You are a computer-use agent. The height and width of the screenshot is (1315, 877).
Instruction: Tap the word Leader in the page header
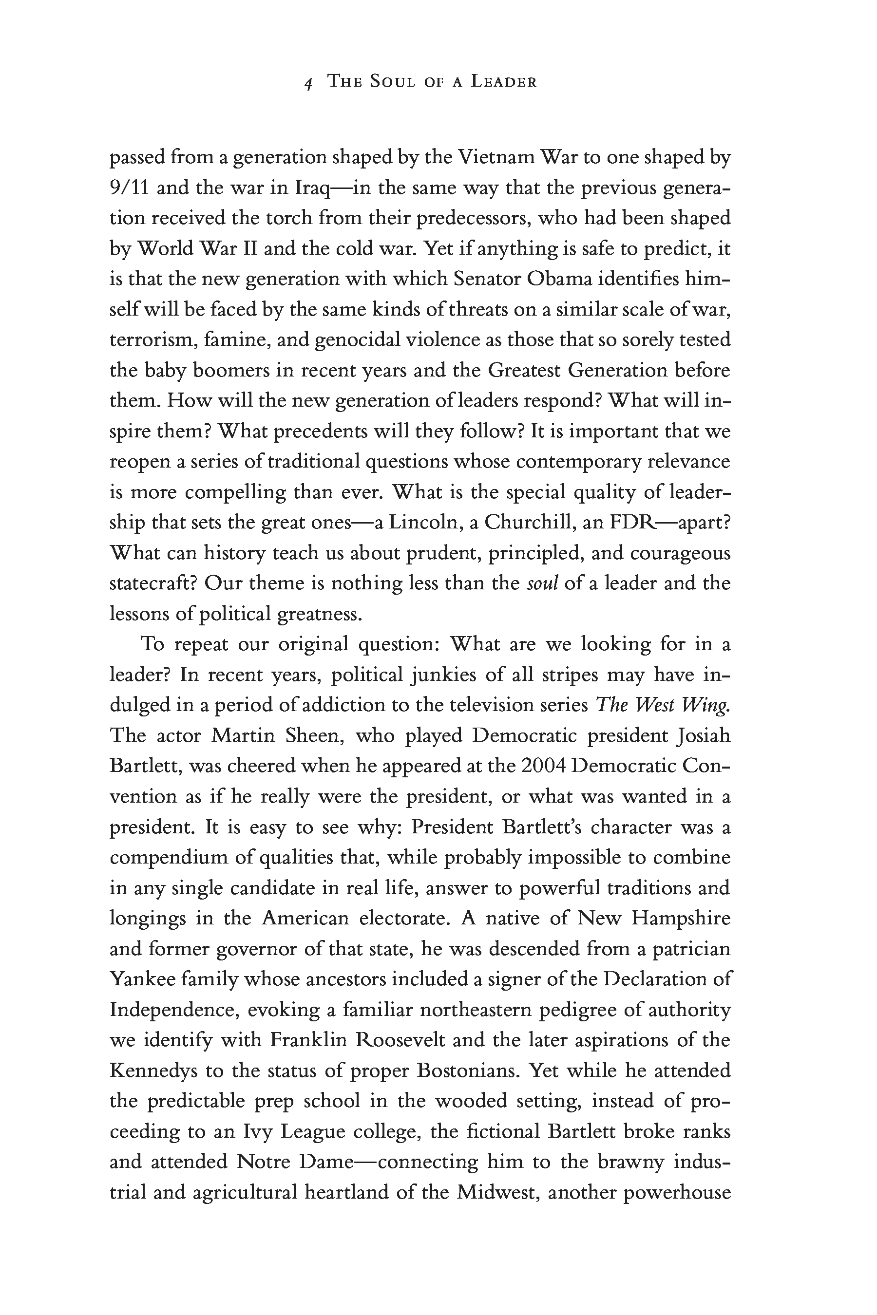coord(503,82)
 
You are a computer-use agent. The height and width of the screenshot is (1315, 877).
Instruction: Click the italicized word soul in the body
coord(543,582)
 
